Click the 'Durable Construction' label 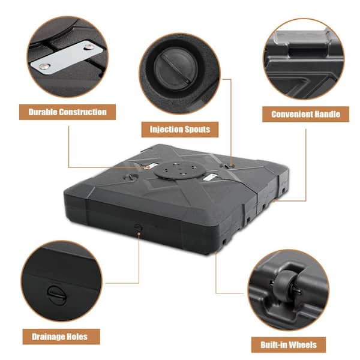67,112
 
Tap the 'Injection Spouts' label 180,129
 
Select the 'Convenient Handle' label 305,114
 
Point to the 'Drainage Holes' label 61,337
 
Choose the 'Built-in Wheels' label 289,344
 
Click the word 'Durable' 43,112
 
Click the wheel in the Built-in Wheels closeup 286,283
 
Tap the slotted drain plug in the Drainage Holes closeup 56,295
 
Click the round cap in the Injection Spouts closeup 176,67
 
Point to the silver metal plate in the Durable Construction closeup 67,58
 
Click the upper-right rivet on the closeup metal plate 89,47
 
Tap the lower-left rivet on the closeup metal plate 44,67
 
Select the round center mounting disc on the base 179,170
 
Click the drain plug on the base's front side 138,227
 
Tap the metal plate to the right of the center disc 210,177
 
